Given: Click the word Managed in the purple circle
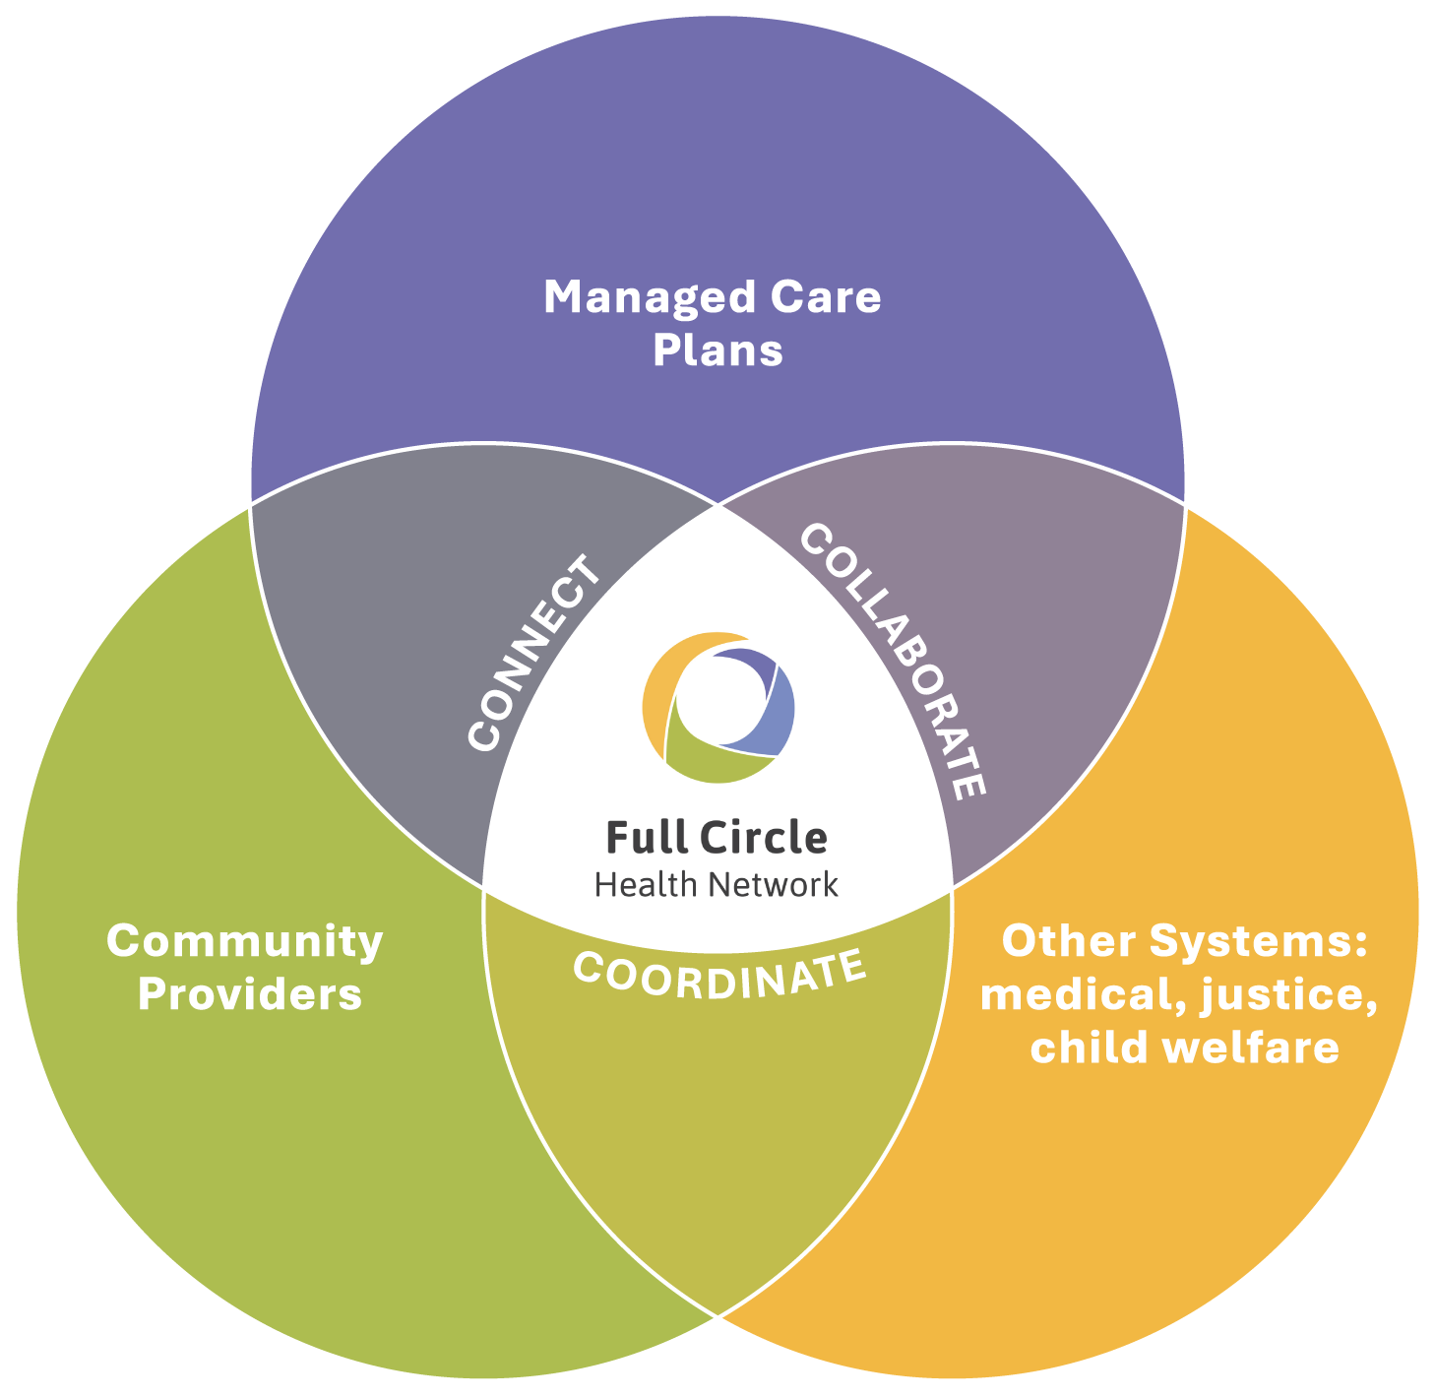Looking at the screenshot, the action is tap(649, 298).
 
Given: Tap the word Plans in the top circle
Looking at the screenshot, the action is tap(717, 350).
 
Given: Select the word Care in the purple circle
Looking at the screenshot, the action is tap(825, 296).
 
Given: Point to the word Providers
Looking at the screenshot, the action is tap(250, 994).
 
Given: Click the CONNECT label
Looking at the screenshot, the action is tap(534, 654).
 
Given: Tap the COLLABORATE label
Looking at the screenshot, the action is tap(893, 661).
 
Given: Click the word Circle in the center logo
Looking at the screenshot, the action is tap(763, 838).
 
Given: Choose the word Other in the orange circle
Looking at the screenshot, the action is tap(1068, 941).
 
